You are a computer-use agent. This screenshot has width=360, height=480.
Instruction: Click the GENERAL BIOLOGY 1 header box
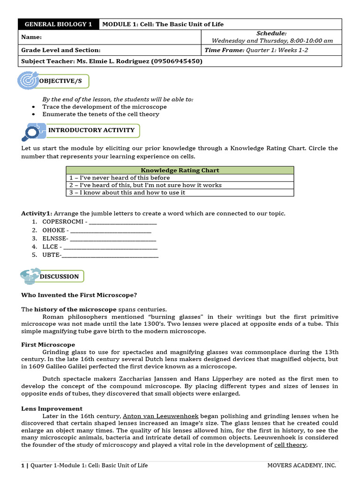click(59, 24)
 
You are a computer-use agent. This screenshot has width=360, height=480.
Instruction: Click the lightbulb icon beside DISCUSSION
click(29, 276)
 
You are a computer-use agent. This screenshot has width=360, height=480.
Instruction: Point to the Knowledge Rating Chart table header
click(180, 170)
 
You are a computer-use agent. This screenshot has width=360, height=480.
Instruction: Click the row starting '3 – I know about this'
click(127, 192)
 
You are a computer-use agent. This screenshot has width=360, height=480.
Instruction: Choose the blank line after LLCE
click(111, 247)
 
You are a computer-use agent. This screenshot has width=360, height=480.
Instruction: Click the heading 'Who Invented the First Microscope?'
click(79, 295)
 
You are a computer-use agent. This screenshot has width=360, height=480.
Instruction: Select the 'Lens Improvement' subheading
click(52, 409)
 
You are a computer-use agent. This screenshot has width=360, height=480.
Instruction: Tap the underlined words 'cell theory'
click(290, 445)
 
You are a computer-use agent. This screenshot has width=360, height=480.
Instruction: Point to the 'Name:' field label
click(32, 37)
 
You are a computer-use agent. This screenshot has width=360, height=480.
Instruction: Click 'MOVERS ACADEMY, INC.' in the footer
click(301, 465)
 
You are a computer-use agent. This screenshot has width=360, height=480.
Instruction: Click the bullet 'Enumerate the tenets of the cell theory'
click(101, 114)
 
